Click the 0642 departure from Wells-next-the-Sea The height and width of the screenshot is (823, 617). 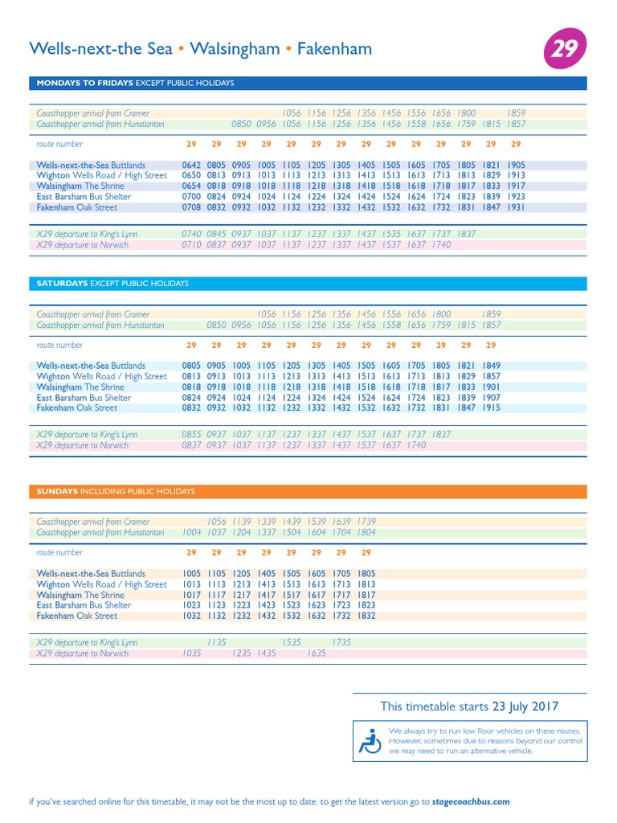pos(191,165)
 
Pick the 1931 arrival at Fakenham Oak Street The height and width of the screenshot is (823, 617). pos(516,207)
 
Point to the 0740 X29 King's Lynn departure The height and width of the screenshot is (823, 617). pos(191,235)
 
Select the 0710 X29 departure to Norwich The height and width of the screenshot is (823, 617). pos(191,245)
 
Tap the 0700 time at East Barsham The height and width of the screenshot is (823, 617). pos(191,197)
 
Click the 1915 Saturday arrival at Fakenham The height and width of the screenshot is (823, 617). pos(491,408)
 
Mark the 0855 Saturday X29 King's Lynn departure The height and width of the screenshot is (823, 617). pos(191,435)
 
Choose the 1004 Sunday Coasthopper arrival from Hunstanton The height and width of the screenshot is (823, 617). pos(191,532)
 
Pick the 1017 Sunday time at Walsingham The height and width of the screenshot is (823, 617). pos(191,596)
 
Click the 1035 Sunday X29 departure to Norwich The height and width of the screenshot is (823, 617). pos(191,653)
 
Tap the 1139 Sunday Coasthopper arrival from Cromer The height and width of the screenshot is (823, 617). pos(242,522)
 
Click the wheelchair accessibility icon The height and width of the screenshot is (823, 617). pos(370,740)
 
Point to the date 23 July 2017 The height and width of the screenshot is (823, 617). pos(525,706)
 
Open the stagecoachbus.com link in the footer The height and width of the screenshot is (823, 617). pos(470,801)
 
